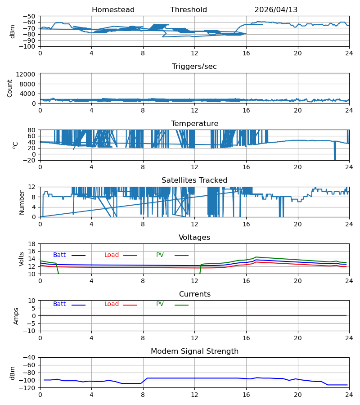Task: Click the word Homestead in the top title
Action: pos(113,9)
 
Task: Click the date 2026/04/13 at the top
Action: pos(276,9)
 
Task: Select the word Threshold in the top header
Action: pos(189,9)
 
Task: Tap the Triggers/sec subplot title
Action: pos(194,67)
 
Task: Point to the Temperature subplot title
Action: pos(194,123)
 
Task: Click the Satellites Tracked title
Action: pos(194,180)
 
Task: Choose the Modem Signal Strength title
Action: pos(194,351)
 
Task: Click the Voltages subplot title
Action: pos(194,237)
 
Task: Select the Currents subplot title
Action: pos(195,294)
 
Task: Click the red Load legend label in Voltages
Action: pos(112,255)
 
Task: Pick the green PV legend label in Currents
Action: pos(160,304)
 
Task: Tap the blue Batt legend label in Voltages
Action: pos(59,255)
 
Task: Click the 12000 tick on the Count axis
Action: pos(26,74)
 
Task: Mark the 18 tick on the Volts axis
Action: pos(32,244)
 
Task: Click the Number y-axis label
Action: pos(22,202)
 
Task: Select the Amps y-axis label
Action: pos(16,316)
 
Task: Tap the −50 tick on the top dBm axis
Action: pos(29,16)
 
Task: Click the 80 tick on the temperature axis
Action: pos(32,130)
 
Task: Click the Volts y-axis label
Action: pos(21,259)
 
